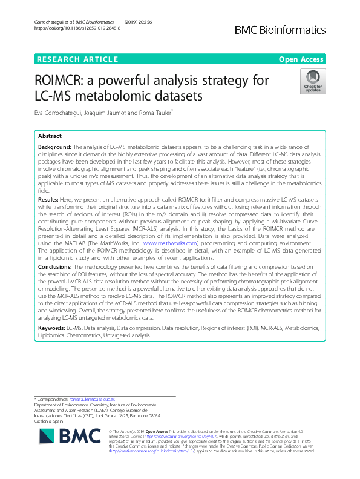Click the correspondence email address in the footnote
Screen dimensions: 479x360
pyautogui.click(x=98, y=400)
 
